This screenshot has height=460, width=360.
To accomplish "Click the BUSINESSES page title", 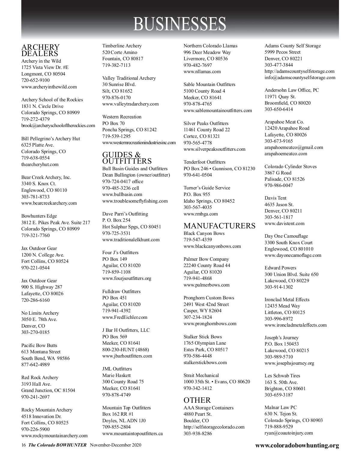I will (179, 24).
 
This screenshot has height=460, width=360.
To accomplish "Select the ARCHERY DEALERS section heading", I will (40, 50).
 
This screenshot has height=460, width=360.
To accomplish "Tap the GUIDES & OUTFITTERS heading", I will (127, 158).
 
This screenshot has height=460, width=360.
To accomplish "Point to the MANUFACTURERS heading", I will (219, 226).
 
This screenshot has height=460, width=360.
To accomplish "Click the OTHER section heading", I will (197, 400).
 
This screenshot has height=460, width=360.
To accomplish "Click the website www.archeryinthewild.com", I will (49, 87).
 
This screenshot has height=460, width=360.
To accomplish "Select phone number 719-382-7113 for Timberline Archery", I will (116, 65).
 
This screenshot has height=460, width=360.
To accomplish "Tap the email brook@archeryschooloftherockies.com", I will (58, 126).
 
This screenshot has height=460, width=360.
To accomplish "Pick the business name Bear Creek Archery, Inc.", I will (46, 177).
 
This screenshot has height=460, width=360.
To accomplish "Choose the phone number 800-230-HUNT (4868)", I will (125, 349).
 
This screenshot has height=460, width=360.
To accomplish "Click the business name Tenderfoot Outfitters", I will (204, 162).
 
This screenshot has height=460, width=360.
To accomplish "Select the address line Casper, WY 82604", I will (202, 311).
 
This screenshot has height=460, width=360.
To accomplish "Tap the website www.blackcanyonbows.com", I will (212, 246).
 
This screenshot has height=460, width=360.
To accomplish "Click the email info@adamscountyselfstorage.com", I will (300, 78).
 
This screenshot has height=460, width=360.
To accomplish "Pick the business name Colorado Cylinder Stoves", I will (290, 166).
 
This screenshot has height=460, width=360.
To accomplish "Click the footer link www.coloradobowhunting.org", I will (297, 445).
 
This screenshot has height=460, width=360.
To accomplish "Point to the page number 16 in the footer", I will (24, 445).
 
